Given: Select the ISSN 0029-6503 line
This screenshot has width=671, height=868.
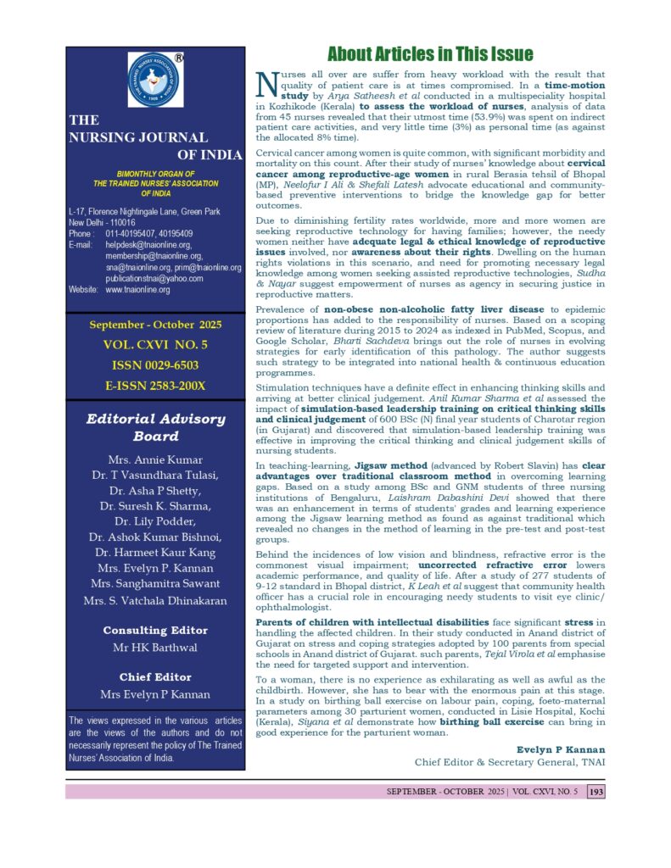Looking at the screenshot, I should click(155, 364).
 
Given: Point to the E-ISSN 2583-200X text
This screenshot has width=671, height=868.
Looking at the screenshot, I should click(155, 386).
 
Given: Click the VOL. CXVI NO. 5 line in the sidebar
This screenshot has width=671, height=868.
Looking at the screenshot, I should click(155, 345).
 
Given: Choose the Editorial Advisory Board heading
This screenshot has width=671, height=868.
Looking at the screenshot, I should click(155, 427).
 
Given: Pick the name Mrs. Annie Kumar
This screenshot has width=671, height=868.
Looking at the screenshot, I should click(155, 461).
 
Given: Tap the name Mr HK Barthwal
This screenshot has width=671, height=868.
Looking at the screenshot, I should click(155, 647).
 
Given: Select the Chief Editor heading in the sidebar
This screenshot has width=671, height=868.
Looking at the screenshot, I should click(155, 676).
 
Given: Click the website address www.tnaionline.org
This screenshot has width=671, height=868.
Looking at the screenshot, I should click(137, 290).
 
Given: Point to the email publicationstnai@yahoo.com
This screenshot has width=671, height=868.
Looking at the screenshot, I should click(154, 278).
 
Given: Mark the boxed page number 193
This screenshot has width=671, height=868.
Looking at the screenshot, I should click(596, 791).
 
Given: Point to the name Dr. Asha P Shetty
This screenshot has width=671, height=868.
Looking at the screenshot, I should click(155, 495).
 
